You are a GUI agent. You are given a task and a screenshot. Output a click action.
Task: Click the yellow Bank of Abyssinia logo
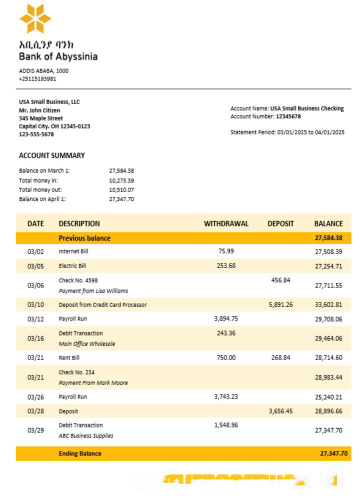tap(35, 19)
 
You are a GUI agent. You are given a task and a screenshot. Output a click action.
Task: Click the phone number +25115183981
tap(37, 78)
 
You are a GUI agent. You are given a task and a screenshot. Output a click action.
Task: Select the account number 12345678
tap(288, 116)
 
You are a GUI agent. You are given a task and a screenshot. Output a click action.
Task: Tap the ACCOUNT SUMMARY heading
tap(52, 155)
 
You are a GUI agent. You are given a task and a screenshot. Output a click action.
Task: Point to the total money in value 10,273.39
tap(121, 180)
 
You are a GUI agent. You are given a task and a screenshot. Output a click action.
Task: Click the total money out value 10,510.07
tap(121, 190)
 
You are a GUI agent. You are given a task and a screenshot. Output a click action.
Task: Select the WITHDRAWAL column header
tap(226, 223)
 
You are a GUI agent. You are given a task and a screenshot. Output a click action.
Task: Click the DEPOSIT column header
tap(280, 223)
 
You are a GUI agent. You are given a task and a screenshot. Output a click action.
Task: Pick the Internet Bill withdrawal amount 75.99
tap(226, 251)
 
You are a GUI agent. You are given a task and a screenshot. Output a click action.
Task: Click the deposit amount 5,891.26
tap(280, 304)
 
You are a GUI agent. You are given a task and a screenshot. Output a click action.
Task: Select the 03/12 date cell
tap(35, 319)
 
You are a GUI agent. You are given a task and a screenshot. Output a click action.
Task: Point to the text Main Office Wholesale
tap(87, 344)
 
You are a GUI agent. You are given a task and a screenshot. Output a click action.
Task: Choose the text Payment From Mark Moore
tap(93, 383)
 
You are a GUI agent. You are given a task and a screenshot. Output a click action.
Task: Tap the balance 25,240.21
tap(328, 397)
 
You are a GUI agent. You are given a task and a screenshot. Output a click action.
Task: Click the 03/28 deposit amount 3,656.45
tap(280, 411)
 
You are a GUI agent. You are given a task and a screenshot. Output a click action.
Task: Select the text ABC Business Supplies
tap(86, 435)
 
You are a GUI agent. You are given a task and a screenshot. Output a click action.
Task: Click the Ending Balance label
tap(80, 453)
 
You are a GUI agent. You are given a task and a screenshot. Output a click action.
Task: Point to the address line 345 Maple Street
tap(41, 118)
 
